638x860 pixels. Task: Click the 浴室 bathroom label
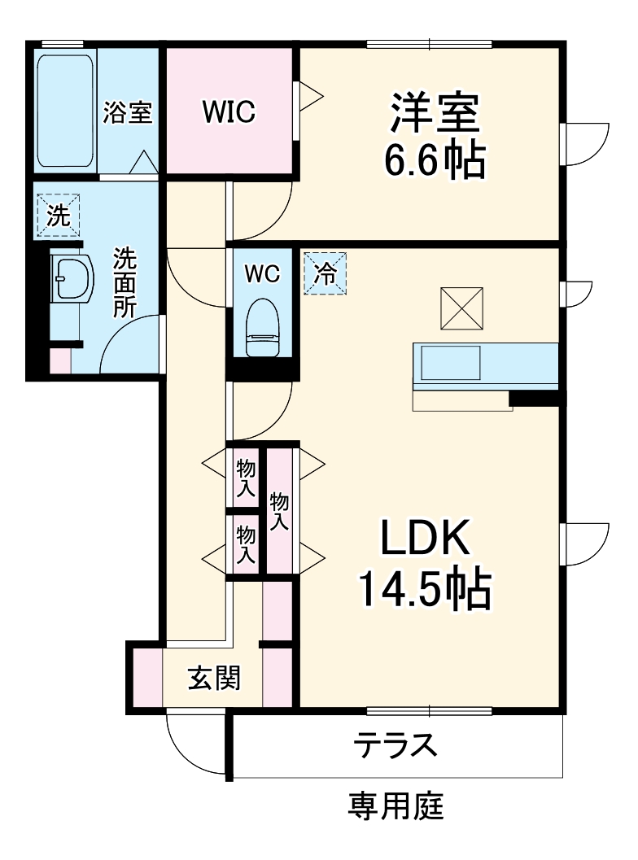point(128,112)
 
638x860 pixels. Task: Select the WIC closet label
point(229,111)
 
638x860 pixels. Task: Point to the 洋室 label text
point(435,114)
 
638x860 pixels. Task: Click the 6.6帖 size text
point(435,159)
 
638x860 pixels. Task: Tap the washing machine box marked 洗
point(58,216)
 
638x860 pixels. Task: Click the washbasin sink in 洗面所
point(72,277)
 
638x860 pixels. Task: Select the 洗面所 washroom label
point(125,283)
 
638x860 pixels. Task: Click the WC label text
point(262,273)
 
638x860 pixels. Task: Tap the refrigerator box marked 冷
point(326,273)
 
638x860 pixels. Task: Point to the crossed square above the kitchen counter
point(461,308)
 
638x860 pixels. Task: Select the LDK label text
point(425,538)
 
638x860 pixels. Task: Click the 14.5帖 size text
point(425,590)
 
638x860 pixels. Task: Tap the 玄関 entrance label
point(215,679)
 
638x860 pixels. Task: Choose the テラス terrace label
point(395,744)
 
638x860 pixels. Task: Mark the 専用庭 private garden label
point(395,805)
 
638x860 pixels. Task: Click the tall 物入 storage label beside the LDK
point(279,511)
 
